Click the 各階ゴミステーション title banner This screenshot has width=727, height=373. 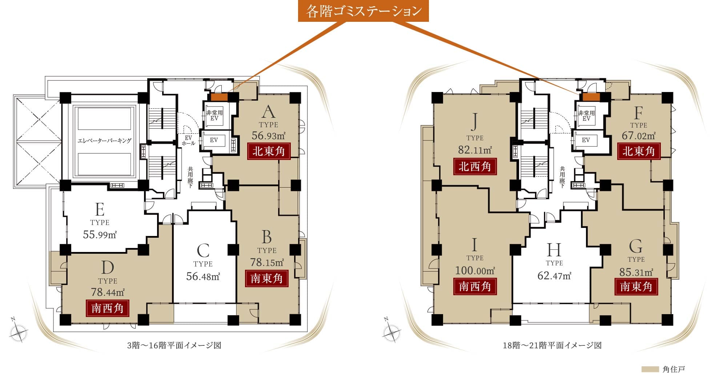[x=363, y=11]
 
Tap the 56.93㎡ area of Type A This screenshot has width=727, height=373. [x=269, y=136]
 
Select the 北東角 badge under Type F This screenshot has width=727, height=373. [x=639, y=151]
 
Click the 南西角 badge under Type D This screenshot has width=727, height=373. [x=108, y=308]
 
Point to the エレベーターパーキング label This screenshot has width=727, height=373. [x=104, y=141]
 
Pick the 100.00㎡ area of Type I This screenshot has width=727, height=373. [x=475, y=271]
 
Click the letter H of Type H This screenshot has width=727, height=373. [x=554, y=250]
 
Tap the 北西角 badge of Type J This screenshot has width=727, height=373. [x=475, y=167]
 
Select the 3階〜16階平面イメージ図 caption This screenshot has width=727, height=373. [x=174, y=345]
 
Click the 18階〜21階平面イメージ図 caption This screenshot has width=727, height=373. [x=552, y=345]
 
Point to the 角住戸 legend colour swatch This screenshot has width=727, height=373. [x=650, y=369]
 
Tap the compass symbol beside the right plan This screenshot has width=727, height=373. [x=391, y=331]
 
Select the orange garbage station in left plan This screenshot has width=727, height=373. [x=219, y=97]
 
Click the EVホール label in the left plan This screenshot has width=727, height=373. [x=188, y=141]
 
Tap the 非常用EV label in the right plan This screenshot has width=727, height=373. [x=586, y=116]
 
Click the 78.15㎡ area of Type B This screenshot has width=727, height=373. [x=267, y=262]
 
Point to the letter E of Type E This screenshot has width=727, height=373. [x=100, y=209]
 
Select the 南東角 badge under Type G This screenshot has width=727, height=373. [x=636, y=286]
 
